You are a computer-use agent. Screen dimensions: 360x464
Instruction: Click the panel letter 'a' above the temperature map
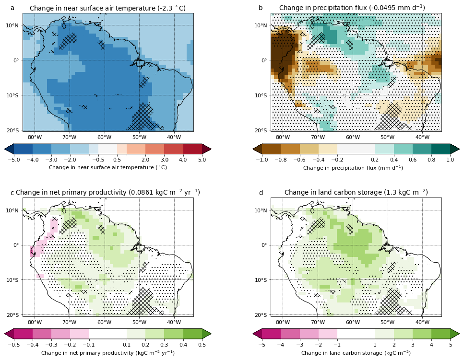tap(12, 8)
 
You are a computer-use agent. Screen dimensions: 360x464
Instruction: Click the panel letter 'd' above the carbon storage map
tap(261, 193)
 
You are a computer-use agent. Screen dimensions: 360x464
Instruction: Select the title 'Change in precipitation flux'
tap(352, 8)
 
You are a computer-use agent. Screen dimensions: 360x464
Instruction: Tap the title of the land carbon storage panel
tap(356, 193)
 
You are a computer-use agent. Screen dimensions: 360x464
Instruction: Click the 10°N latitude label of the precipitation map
tap(261, 25)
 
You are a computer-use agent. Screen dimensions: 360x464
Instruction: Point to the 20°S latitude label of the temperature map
tap(13, 130)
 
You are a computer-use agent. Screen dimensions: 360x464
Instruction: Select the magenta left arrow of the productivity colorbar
tap(9, 334)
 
